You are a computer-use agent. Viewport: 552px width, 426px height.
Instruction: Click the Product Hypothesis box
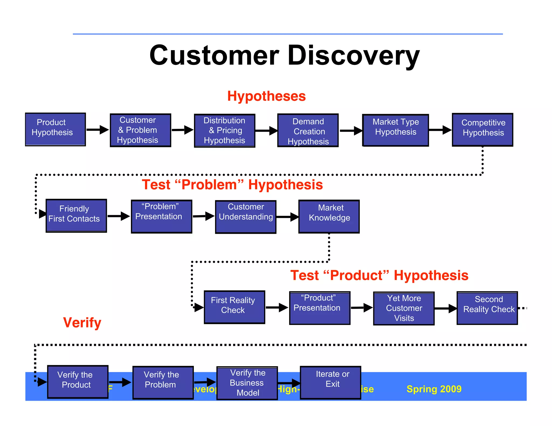[x=55, y=129]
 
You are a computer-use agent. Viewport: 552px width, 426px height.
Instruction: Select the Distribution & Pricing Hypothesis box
[x=225, y=131]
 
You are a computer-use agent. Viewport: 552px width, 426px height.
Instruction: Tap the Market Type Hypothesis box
[x=395, y=130]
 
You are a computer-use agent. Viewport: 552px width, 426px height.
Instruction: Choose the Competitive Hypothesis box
[x=482, y=130]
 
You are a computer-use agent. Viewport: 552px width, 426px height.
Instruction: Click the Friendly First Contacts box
[x=76, y=216]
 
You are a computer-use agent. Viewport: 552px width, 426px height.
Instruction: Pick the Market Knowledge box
[x=329, y=216]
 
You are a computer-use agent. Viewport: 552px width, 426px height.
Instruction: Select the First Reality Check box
[x=234, y=307]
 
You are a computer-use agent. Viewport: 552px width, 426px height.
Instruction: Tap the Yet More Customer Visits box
[x=403, y=308]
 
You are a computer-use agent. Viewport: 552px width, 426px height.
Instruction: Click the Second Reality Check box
[x=487, y=308]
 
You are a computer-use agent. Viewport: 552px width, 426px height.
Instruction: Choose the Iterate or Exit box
[x=330, y=382]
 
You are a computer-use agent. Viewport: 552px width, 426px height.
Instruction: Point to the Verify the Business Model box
[x=247, y=383]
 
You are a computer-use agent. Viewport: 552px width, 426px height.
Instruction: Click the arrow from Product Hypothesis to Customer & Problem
[x=98, y=130]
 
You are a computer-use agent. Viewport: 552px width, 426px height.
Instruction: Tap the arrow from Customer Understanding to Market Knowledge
[x=287, y=217]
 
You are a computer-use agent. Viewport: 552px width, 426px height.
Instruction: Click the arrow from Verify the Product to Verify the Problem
[x=120, y=382]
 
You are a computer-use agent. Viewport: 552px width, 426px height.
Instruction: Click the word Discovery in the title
[x=354, y=55]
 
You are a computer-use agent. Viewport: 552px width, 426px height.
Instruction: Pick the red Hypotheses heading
[x=266, y=96]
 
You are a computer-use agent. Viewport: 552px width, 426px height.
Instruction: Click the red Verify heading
[x=82, y=322]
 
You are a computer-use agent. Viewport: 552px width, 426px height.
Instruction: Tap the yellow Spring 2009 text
[x=434, y=389]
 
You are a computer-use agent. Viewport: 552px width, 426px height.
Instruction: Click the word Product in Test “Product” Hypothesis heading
[x=356, y=275]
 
